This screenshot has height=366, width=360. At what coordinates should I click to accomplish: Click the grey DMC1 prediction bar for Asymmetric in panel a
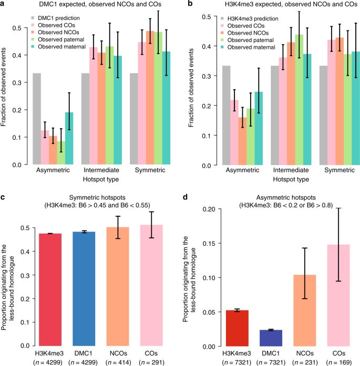point(37,119)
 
